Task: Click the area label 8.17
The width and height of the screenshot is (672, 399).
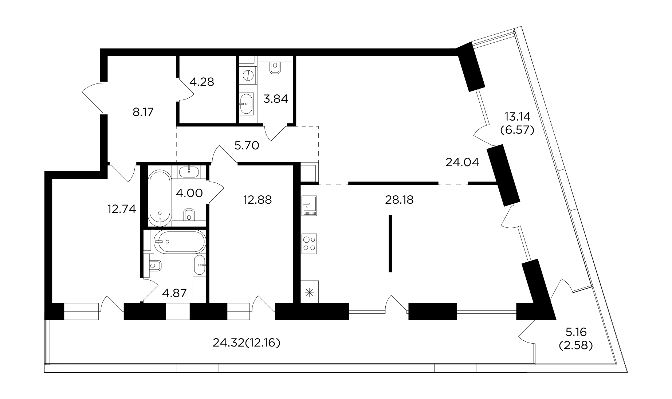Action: (143, 112)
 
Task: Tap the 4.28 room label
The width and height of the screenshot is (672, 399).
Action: (202, 82)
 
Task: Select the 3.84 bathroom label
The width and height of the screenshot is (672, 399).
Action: (276, 99)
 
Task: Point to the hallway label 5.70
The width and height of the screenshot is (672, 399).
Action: (247, 146)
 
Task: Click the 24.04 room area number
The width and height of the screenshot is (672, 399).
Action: (462, 162)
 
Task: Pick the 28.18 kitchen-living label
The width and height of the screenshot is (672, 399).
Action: (400, 200)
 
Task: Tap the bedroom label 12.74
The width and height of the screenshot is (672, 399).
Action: (122, 209)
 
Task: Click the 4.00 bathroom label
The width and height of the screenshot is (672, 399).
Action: (189, 193)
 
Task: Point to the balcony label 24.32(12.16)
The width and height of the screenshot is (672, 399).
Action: (246, 343)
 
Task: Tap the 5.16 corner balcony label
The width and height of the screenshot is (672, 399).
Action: (575, 332)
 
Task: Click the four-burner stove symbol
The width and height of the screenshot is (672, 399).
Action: (309, 243)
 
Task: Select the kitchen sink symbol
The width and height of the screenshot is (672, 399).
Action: (309, 206)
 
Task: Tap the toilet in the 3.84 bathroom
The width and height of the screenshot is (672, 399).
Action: (275, 67)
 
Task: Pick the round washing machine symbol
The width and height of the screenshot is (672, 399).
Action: (247, 75)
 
